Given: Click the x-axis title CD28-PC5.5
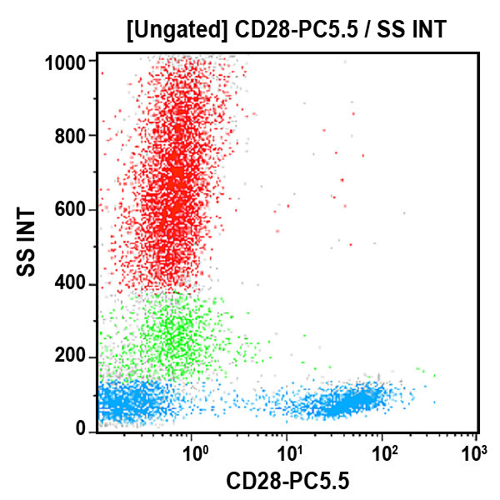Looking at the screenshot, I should [287, 481].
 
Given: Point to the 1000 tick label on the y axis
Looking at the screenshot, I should [67, 62].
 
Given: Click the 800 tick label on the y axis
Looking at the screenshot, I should [72, 136].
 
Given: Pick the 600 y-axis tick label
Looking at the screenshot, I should [72, 210].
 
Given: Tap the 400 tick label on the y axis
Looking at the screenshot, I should [72, 284].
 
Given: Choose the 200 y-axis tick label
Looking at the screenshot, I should [72, 357].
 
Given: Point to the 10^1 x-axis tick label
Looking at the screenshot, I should [289, 455].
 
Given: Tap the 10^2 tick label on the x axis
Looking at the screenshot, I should [384, 455].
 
